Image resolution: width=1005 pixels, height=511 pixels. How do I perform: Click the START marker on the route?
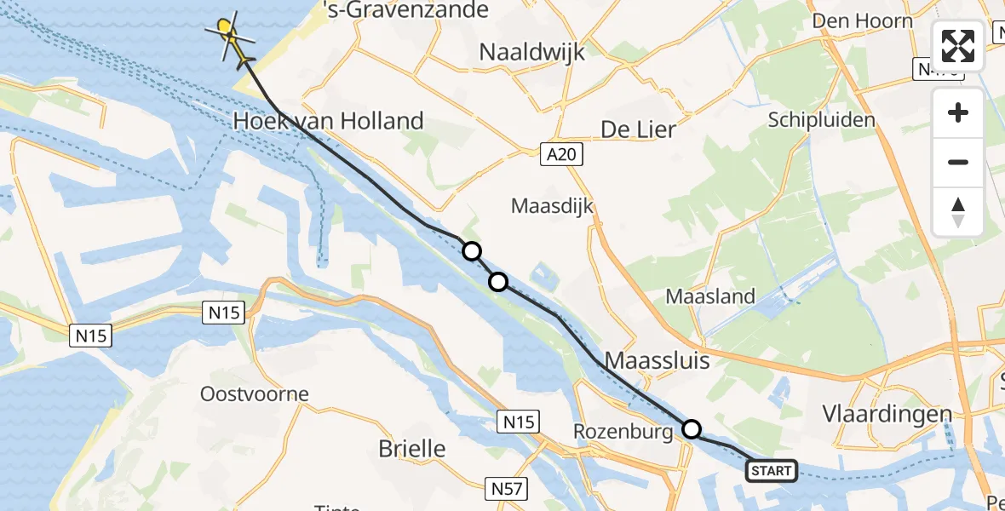772,470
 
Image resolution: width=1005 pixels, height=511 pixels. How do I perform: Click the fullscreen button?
958,46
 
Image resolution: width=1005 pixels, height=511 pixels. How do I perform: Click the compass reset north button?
958,211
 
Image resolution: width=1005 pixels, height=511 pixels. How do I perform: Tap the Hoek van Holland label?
329,122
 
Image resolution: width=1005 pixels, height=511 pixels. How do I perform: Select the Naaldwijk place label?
532,52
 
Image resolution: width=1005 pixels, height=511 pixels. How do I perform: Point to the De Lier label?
638,129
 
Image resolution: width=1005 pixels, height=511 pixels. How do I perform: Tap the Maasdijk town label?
552,206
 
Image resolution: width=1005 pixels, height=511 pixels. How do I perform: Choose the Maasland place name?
710,297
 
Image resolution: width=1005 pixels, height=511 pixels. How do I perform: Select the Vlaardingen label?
887,414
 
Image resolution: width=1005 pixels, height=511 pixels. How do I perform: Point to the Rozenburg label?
623,433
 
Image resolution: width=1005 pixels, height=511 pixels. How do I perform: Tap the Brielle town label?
411,449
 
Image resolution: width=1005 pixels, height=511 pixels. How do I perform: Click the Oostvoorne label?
254,394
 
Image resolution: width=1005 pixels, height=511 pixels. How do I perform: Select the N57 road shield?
508,489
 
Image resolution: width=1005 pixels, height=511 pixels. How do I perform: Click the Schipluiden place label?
821,120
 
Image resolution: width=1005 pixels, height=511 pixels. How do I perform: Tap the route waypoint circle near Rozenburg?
692,429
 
